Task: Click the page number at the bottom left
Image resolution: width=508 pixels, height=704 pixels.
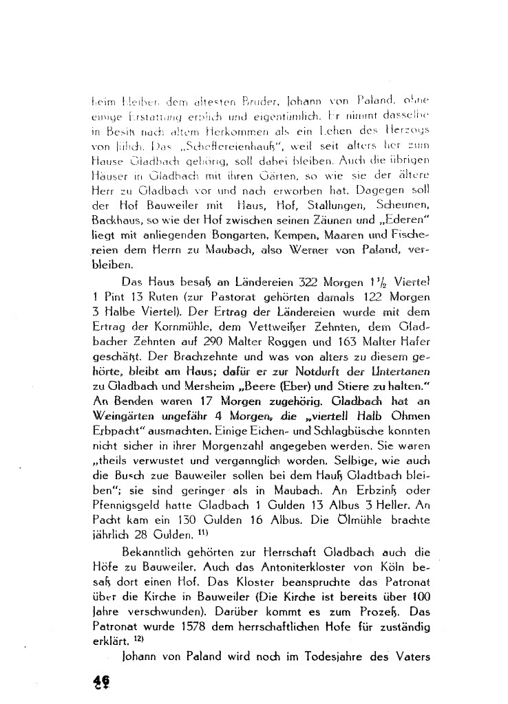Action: pos(102,680)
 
